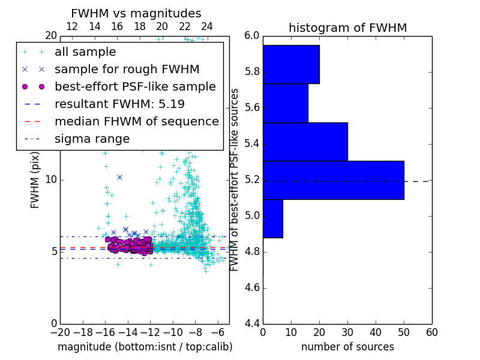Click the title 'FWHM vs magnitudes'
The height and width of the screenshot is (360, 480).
tap(136, 13)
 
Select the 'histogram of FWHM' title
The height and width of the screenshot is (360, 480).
tap(347, 28)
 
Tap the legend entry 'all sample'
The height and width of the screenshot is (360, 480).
tap(85, 52)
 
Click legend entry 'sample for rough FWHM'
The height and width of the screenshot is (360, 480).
tap(127, 70)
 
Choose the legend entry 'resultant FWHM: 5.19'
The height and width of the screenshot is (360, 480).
tap(119, 104)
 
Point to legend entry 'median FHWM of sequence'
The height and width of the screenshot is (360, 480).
tap(136, 121)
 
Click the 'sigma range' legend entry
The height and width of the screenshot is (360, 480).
tap(92, 139)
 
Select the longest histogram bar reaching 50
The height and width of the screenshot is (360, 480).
tap(333, 180)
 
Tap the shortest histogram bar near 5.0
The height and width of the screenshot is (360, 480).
tap(272, 218)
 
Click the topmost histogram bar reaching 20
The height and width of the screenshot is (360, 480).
tap(291, 64)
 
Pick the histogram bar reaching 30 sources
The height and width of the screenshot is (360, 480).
tap(305, 142)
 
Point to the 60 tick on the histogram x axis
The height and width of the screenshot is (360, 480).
tap(431, 332)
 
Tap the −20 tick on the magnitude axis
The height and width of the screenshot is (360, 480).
tap(60, 332)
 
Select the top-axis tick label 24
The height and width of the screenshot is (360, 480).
tap(207, 26)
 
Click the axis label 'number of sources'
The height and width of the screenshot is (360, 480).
tap(347, 347)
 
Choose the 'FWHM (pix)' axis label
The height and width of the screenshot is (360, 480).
tap(35, 179)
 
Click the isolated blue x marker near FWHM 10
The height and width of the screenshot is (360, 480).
tap(119, 177)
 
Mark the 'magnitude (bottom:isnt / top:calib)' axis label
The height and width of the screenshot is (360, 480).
tap(145, 347)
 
